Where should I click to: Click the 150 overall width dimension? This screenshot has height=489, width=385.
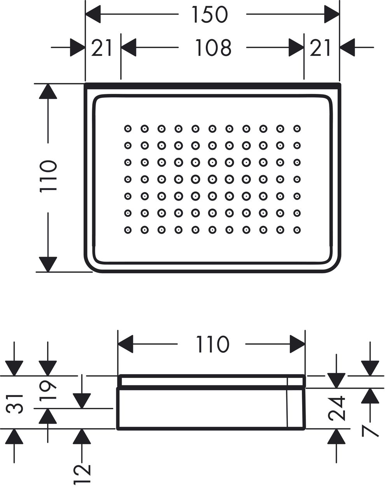(x=210, y=15)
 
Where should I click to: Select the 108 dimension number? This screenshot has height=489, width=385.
(x=213, y=47)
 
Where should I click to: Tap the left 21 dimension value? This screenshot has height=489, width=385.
(x=101, y=48)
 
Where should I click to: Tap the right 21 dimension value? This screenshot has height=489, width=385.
(x=320, y=48)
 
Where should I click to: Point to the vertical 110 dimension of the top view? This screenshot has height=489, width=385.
(x=48, y=176)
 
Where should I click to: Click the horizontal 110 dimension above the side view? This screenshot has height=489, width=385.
(x=213, y=344)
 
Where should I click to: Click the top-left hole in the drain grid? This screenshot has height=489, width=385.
(x=128, y=129)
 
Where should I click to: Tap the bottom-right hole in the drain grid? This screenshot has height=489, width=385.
(x=297, y=230)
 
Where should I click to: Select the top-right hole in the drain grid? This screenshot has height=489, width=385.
(x=297, y=129)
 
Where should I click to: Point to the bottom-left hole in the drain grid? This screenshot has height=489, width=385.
(x=128, y=230)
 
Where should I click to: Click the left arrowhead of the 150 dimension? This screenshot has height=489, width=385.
(x=93, y=14)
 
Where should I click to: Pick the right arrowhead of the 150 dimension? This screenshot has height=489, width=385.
(x=332, y=14)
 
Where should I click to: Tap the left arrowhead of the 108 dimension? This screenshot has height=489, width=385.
(x=128, y=47)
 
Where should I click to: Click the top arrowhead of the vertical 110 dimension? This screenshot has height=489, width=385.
(x=48, y=91)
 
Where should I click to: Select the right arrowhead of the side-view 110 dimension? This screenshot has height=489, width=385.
(x=297, y=344)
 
